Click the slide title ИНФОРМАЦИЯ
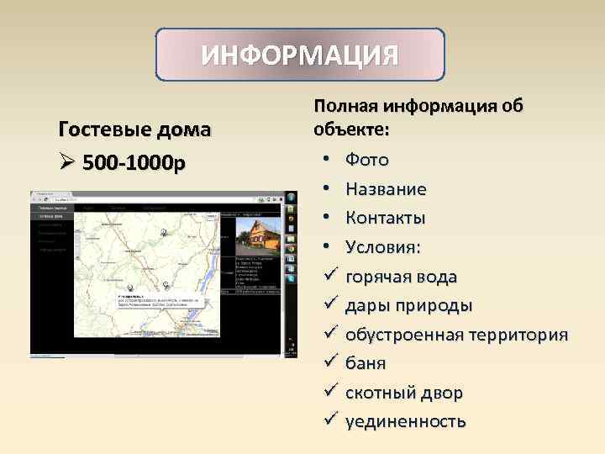[300, 55]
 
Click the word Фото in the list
[367, 159]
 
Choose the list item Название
[386, 188]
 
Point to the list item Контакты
[386, 218]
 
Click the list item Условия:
[383, 247]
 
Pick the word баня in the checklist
[366, 363]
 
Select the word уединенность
[406, 421]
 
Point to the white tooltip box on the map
[165, 300]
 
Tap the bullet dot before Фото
[324, 159]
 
